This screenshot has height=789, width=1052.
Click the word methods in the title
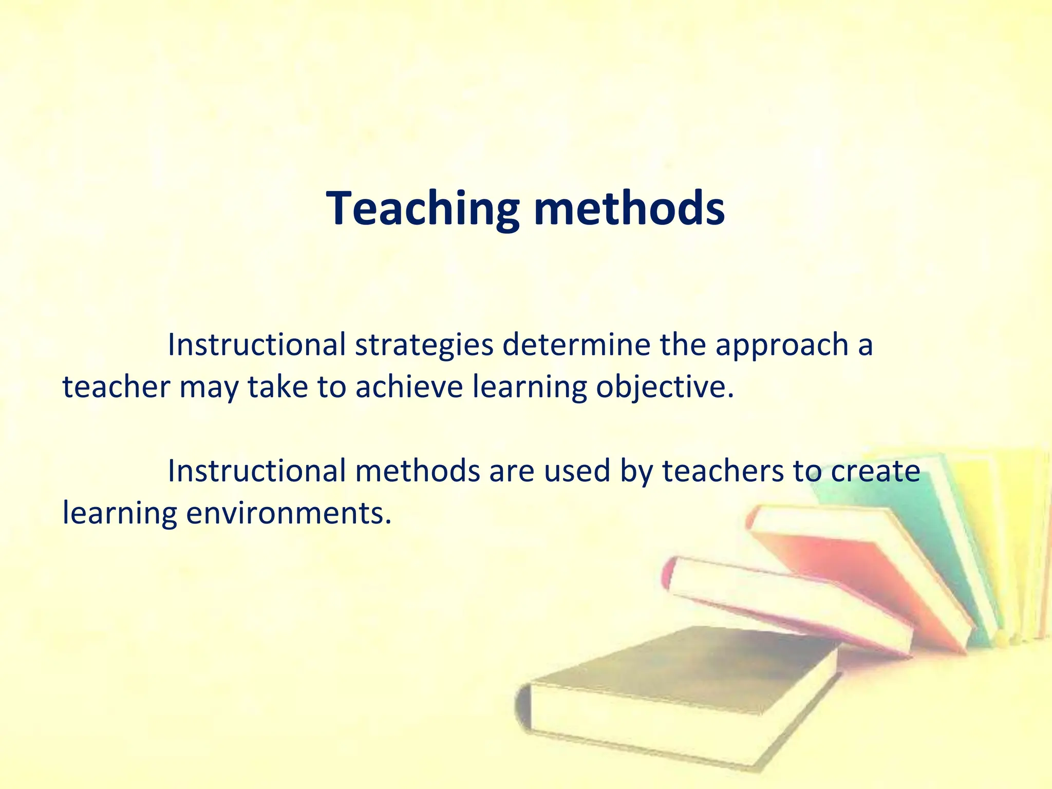[x=629, y=209]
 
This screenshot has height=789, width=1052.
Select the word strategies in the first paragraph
[x=424, y=345]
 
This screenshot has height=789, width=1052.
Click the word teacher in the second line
[x=116, y=387]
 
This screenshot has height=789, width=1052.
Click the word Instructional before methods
[x=256, y=471]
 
